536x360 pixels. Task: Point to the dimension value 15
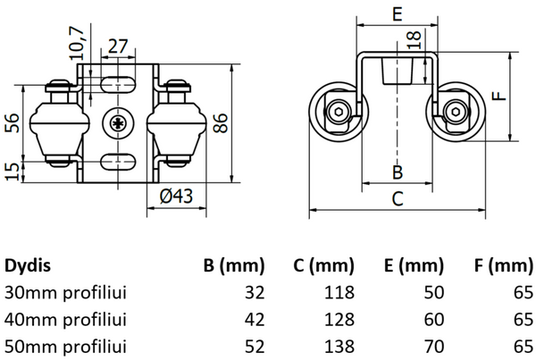12,170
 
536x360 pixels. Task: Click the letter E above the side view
398,13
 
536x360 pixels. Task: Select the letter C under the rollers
398,199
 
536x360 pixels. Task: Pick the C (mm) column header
323,265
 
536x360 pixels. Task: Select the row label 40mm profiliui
65,319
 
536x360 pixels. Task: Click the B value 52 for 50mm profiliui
255,346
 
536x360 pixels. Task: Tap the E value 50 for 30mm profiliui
433,292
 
